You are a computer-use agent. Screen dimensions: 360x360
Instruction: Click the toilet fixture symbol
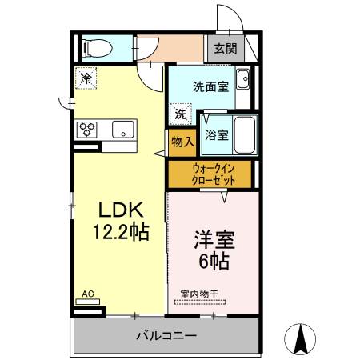tap(97, 48)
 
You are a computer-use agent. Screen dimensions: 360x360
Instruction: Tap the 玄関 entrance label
tap(226, 49)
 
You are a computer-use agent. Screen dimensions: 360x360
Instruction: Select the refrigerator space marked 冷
tap(86, 78)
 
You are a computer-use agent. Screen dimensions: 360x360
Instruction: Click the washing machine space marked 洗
tap(181, 114)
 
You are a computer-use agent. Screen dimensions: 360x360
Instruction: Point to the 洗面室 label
tap(211, 86)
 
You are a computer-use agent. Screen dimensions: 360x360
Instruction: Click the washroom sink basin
tap(243, 79)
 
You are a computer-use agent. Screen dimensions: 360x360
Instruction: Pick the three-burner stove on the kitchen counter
tap(86, 130)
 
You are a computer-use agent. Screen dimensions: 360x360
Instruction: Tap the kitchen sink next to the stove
tap(123, 130)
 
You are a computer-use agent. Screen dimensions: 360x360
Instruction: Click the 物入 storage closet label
tap(183, 142)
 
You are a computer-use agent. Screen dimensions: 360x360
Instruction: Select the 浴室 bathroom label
tap(217, 135)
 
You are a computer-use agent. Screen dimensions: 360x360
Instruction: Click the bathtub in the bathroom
tap(245, 135)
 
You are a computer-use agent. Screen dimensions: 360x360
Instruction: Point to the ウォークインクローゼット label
tap(214, 174)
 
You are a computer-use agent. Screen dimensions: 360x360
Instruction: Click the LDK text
tap(121, 210)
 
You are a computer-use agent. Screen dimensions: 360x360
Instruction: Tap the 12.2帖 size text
tap(121, 232)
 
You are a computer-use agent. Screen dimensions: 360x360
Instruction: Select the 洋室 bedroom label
tap(214, 239)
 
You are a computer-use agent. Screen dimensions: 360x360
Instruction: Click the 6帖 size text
tap(214, 262)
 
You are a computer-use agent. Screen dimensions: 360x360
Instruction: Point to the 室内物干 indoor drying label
tap(199, 294)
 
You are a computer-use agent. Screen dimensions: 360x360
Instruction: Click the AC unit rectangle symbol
tap(88, 302)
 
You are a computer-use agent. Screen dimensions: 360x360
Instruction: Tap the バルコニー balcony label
tap(166, 335)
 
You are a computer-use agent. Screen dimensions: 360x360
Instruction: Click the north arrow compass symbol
tap(300, 339)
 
